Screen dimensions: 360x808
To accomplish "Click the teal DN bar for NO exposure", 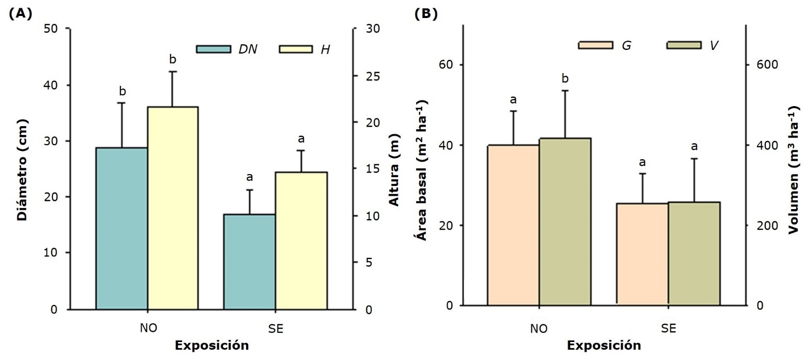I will click(x=122, y=229).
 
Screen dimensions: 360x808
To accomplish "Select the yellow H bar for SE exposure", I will click(x=301, y=241).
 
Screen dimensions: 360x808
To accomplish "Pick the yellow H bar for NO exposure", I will click(x=173, y=208).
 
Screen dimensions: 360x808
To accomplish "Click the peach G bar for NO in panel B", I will click(x=513, y=225).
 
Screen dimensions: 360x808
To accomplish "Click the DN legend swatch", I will click(x=213, y=49).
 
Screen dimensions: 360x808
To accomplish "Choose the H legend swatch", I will click(x=296, y=49).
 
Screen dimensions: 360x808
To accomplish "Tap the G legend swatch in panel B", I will click(x=595, y=45).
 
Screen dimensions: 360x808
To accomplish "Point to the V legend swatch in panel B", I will click(x=683, y=45).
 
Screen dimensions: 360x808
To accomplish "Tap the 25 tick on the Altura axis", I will click(x=372, y=76).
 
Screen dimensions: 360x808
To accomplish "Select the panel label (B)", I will click(x=426, y=14).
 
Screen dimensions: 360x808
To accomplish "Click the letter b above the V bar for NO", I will click(x=565, y=79).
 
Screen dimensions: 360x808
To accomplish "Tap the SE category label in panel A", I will click(x=276, y=329).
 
